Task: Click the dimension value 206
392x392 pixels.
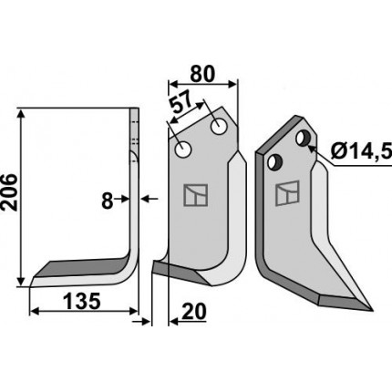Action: [x=8, y=192]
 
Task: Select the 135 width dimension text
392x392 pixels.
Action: [x=82, y=301]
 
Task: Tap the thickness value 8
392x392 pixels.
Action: [x=107, y=201]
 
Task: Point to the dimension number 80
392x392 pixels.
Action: [x=202, y=74]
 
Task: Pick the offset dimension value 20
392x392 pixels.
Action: [x=193, y=312]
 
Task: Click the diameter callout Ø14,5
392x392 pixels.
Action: [x=361, y=150]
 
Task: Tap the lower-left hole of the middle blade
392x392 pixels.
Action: [x=182, y=150]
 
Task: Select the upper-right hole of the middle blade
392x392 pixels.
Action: [x=219, y=127]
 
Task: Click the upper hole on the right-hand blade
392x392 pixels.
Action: [x=303, y=139]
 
